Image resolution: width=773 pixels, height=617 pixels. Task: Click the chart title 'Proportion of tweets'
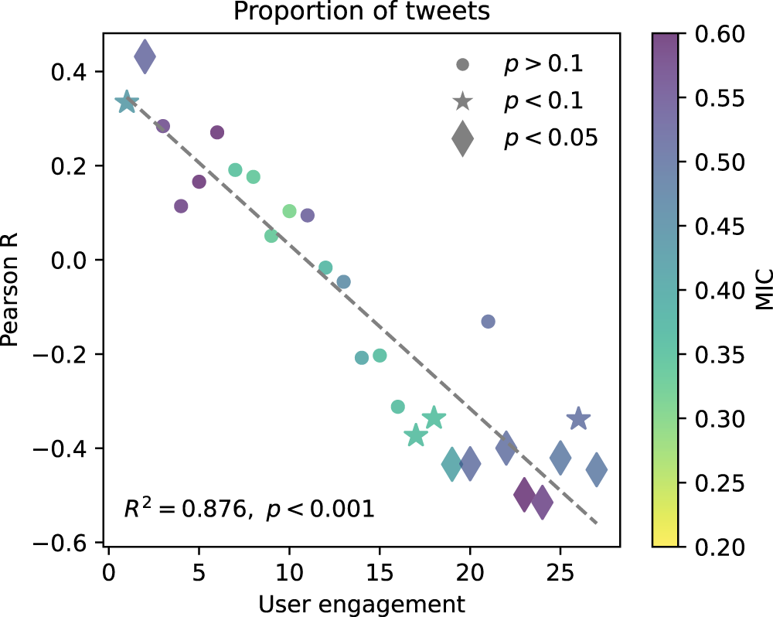tap(362, 13)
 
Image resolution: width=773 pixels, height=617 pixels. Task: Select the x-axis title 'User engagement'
tap(362, 602)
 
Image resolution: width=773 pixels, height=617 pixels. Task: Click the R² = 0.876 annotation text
tap(249, 509)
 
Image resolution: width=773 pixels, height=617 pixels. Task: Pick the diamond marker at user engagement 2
tap(145, 56)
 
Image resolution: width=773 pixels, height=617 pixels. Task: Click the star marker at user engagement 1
tap(127, 102)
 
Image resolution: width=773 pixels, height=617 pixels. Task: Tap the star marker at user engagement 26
tap(578, 418)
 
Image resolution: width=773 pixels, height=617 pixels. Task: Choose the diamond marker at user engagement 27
tap(596, 469)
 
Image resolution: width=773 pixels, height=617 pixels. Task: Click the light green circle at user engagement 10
tap(290, 211)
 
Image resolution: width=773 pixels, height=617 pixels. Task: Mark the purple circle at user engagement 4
tap(181, 206)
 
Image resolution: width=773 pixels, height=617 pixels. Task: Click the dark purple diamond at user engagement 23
tap(524, 495)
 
